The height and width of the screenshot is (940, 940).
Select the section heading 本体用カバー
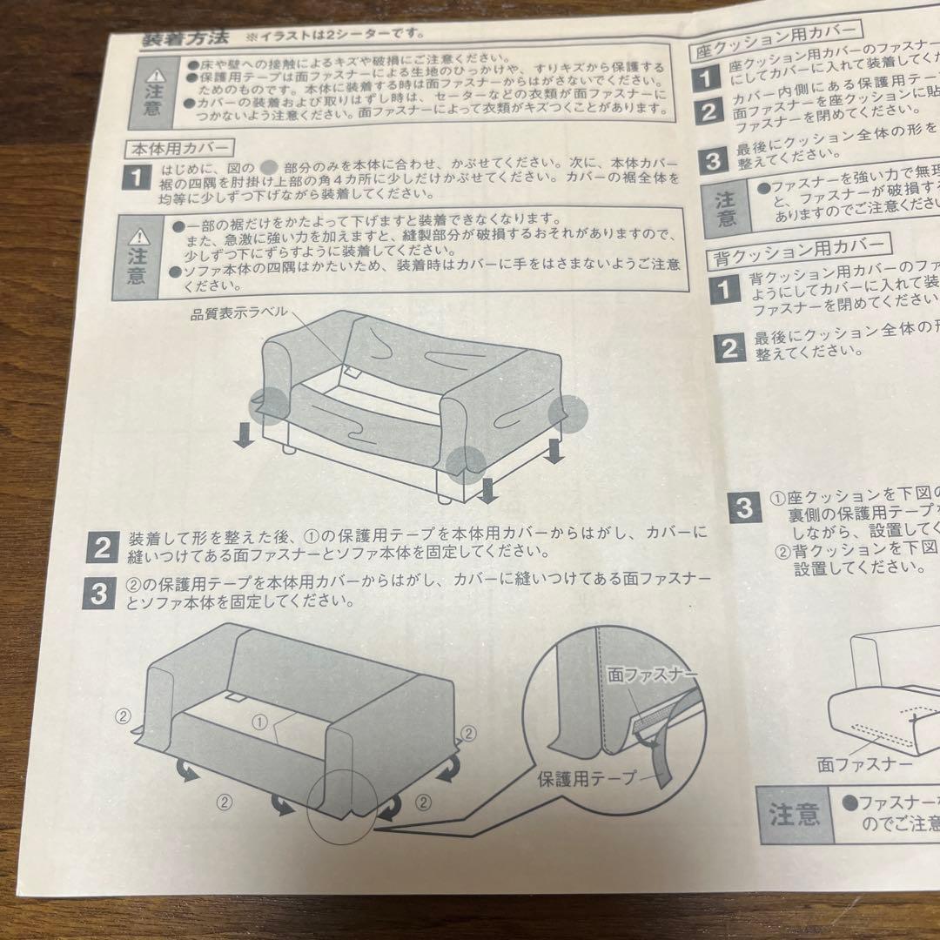pos(178,150)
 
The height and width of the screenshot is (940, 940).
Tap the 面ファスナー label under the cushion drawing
pos(866,764)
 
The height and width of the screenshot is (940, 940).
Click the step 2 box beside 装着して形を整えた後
pos(103,547)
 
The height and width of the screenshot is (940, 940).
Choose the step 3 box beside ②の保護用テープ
pos(98,594)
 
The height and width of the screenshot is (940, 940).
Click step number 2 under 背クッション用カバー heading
pos(728,347)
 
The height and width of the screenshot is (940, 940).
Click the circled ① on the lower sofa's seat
pos(258,722)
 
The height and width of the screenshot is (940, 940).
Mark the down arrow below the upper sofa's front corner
pos(487,493)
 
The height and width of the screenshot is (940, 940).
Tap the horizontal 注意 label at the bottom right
pos(794,816)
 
